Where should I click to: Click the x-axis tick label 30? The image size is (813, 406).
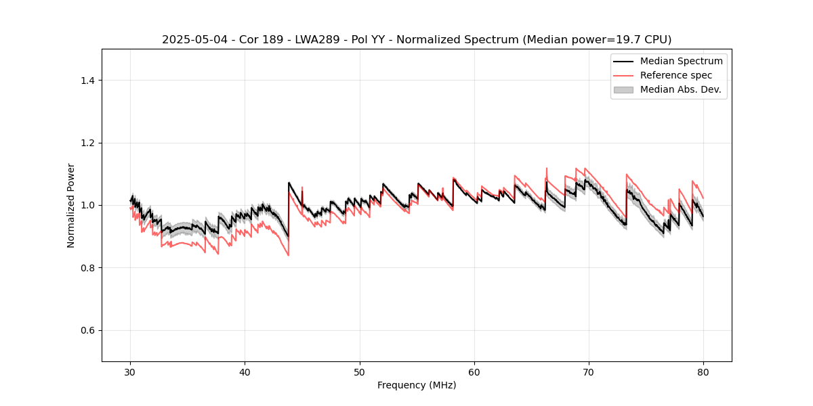[131, 371]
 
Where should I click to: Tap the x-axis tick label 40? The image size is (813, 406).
[245, 371]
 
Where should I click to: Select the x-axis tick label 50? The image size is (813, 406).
[360, 371]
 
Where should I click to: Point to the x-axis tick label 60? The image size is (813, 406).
[474, 371]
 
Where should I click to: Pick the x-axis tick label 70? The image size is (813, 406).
[589, 371]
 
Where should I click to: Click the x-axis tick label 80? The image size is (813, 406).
[703, 371]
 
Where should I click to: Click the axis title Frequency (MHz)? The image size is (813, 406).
[417, 385]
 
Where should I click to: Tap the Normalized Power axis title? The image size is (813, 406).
[71, 205]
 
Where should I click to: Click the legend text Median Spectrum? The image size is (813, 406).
[681, 61]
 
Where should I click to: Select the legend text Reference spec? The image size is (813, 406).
[676, 75]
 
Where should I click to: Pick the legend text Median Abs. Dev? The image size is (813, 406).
[681, 89]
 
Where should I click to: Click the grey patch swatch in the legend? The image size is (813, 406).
[623, 89]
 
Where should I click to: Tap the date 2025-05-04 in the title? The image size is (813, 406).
[192, 40]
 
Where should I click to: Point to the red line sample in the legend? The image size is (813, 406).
[623, 75]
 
